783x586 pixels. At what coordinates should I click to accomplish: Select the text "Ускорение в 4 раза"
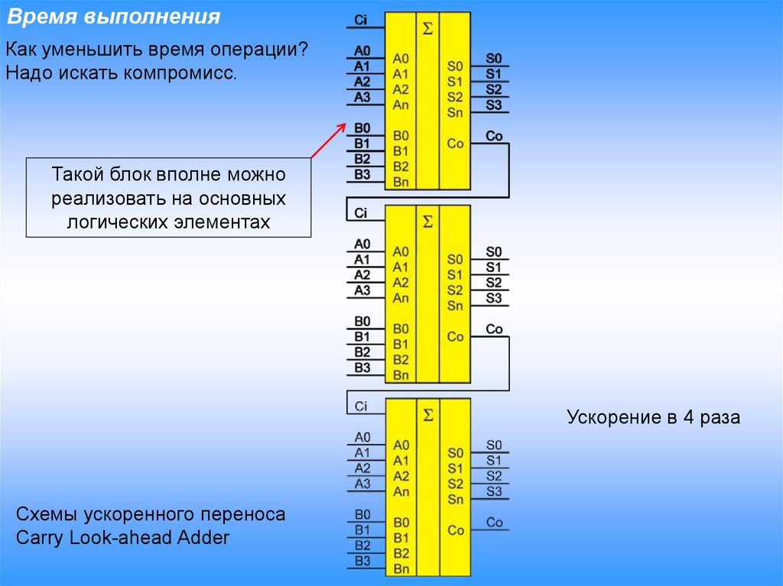[653, 418]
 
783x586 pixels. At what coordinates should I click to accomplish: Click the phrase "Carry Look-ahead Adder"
[122, 537]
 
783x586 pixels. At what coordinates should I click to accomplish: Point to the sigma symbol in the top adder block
[427, 29]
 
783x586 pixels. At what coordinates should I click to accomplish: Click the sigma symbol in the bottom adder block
[427, 415]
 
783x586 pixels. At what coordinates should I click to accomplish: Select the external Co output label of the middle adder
[494, 329]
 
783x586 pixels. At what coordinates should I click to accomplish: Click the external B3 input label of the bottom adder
[362, 561]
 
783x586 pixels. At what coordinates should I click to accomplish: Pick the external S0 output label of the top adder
[494, 58]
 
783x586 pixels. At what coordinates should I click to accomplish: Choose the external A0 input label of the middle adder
[362, 244]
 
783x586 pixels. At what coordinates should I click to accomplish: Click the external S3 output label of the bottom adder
[494, 491]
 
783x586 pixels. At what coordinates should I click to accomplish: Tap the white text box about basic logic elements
[169, 199]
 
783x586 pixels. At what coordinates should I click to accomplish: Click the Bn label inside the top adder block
[401, 182]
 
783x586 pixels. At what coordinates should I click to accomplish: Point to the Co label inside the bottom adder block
[456, 530]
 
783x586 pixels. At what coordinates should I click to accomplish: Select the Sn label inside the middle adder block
[456, 306]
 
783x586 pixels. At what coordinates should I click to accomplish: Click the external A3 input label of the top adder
[362, 97]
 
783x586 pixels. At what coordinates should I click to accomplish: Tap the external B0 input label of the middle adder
[362, 321]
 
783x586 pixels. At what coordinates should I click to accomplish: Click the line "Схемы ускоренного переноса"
[151, 514]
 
